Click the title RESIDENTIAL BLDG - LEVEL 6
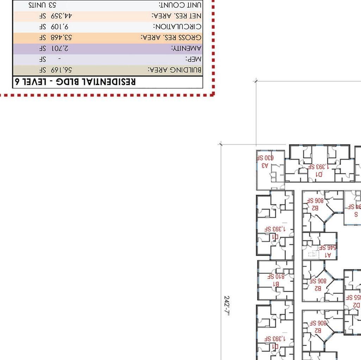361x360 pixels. click(x=75, y=82)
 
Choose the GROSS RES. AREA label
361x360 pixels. click(x=171, y=37)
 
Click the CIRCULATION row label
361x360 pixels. click(x=177, y=27)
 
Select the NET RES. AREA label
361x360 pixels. click(x=177, y=16)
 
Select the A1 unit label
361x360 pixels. click(x=328, y=255)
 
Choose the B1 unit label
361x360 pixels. click(x=276, y=284)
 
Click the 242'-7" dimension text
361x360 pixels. click(x=227, y=306)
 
